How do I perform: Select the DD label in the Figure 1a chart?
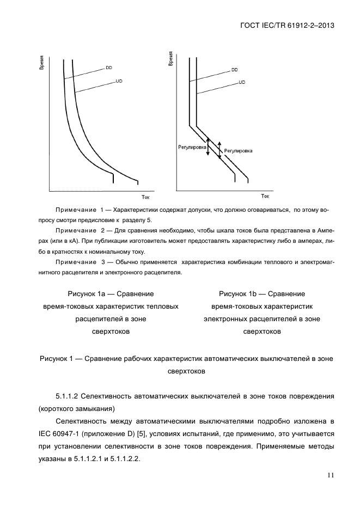(109, 68)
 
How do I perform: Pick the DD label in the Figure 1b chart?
(234, 70)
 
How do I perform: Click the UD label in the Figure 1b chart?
(242, 82)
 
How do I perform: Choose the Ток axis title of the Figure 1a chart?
(145, 197)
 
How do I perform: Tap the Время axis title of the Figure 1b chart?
(170, 59)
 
